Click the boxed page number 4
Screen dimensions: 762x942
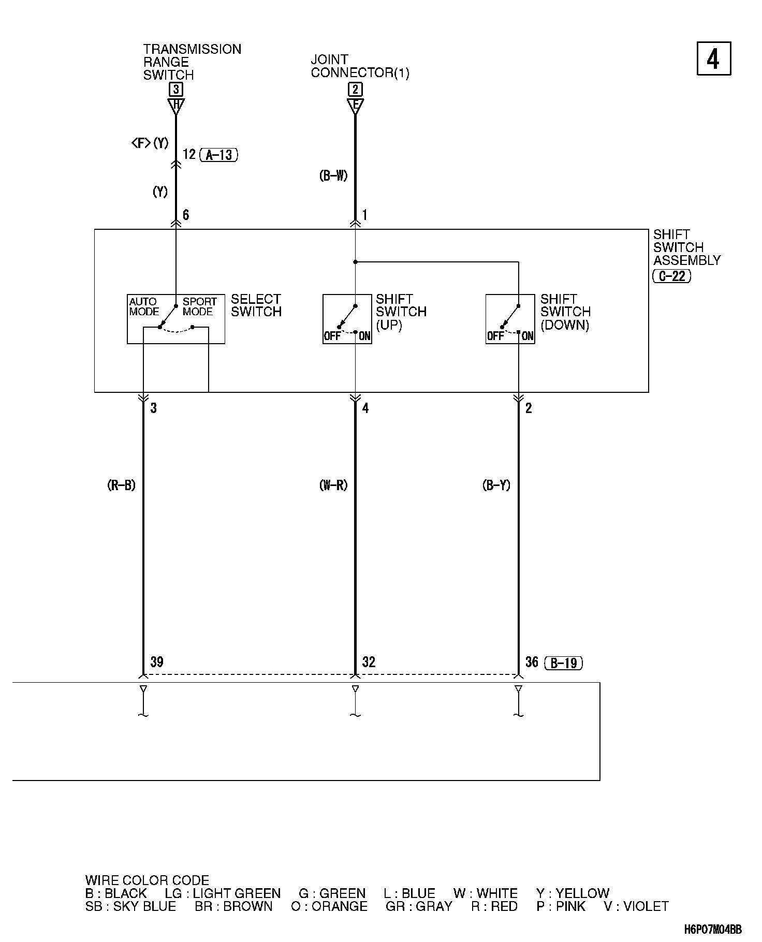[x=713, y=58]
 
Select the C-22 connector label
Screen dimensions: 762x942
[x=672, y=276]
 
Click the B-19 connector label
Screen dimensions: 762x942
[x=564, y=663]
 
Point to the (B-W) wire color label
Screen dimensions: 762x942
[x=333, y=176]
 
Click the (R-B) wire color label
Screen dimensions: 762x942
[x=121, y=485]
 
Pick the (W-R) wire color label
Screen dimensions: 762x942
[x=333, y=485]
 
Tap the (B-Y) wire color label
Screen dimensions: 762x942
[x=496, y=485]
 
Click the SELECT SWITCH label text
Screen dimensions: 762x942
[x=256, y=305]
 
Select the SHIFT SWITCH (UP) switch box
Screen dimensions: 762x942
[x=347, y=319]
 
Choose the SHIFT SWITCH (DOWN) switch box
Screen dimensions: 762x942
[x=510, y=319]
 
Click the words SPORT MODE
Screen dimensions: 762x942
[x=199, y=306]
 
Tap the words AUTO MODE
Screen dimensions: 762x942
[x=144, y=306]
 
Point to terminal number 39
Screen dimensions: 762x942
[x=157, y=662]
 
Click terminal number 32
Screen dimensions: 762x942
[x=369, y=662]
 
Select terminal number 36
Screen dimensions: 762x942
[x=532, y=662]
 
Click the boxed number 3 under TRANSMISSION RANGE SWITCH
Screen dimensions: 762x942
[x=176, y=89]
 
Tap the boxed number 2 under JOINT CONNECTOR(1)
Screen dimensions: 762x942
[x=355, y=89]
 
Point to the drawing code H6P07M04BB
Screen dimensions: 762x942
[x=712, y=930]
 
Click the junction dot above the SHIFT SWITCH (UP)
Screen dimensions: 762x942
[x=355, y=262]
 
